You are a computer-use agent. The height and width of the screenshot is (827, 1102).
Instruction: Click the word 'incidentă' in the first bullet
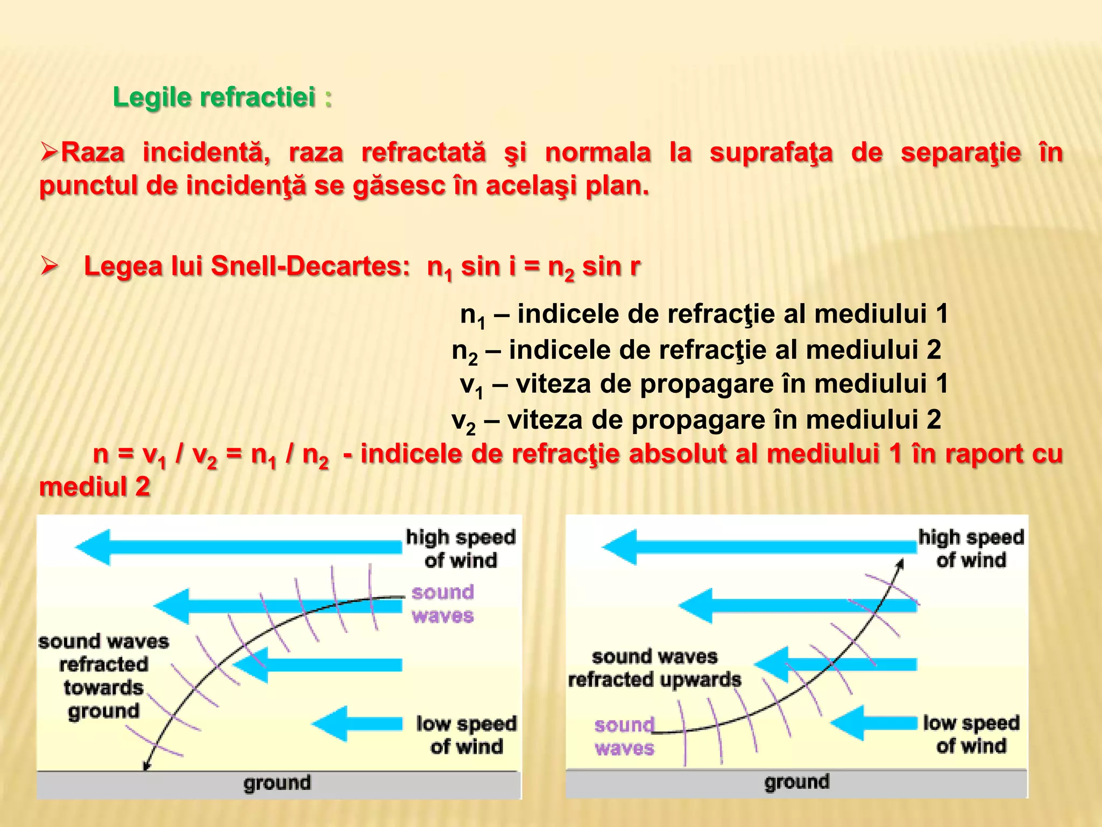[206, 152]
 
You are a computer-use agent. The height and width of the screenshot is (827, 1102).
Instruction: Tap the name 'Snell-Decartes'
[310, 266]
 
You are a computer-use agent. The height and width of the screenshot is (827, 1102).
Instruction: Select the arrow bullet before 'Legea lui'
[49, 266]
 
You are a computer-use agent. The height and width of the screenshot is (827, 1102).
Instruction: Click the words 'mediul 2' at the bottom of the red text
[95, 487]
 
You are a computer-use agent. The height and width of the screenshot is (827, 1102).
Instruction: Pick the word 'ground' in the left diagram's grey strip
[277, 783]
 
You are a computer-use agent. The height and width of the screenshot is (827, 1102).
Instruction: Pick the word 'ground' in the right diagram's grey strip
[797, 782]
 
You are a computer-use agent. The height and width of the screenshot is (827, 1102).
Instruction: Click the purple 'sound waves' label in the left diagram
[443, 604]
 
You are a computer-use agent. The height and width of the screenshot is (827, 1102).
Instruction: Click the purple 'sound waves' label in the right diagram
[624, 737]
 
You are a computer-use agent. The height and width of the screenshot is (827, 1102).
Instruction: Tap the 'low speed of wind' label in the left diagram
[467, 735]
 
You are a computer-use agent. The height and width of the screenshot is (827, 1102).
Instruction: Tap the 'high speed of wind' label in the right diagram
[971, 549]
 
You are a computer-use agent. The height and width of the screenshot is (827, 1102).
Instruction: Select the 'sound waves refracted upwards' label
[654, 668]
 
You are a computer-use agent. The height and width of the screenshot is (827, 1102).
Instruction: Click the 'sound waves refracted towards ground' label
[103, 676]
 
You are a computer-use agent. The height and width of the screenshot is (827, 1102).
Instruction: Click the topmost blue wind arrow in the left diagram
[239, 547]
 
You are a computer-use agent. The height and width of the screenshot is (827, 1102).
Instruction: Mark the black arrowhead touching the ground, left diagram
[146, 765]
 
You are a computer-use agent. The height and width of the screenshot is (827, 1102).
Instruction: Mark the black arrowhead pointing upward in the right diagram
[900, 564]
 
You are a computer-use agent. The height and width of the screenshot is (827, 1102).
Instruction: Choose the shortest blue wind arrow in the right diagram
[874, 723]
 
